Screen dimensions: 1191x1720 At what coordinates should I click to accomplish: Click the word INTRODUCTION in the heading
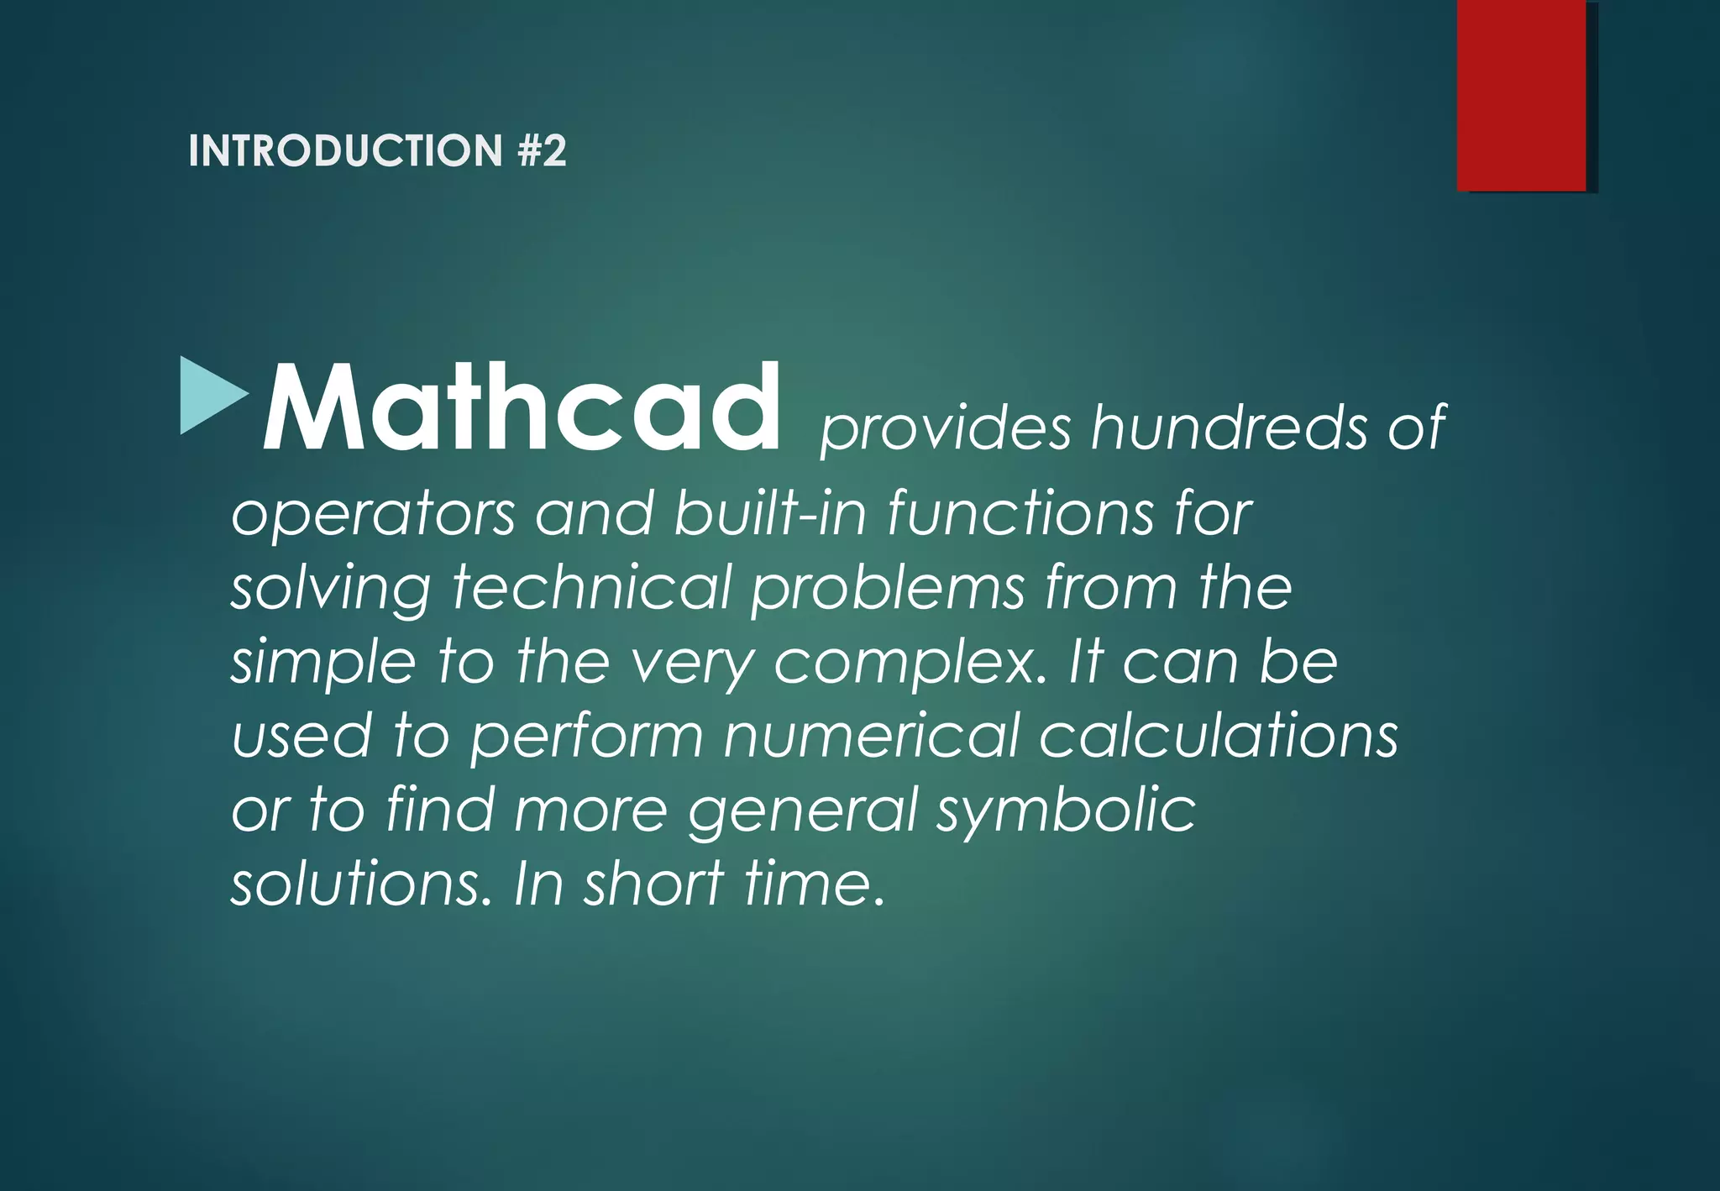click(x=345, y=151)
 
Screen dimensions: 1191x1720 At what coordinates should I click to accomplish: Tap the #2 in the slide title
click(x=543, y=151)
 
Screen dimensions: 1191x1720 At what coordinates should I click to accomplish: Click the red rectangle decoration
click(x=1521, y=95)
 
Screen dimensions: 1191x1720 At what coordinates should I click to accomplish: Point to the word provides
click(x=945, y=428)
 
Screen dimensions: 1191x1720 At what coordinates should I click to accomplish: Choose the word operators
click(x=373, y=514)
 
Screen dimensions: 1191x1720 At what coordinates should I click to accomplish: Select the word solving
click(x=331, y=588)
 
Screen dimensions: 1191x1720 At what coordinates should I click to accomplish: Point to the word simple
click(x=323, y=662)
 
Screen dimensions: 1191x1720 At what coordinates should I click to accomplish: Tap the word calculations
click(x=1219, y=736)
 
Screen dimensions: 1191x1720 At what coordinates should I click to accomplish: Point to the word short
click(x=653, y=884)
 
